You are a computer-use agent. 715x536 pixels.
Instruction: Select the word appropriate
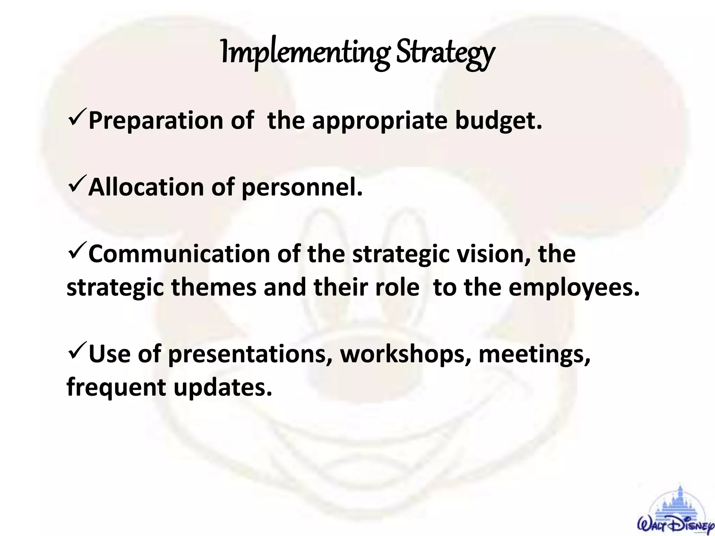(x=379, y=121)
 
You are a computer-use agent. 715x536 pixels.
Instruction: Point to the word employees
(x=574, y=288)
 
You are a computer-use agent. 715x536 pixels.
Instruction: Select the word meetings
(x=534, y=355)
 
